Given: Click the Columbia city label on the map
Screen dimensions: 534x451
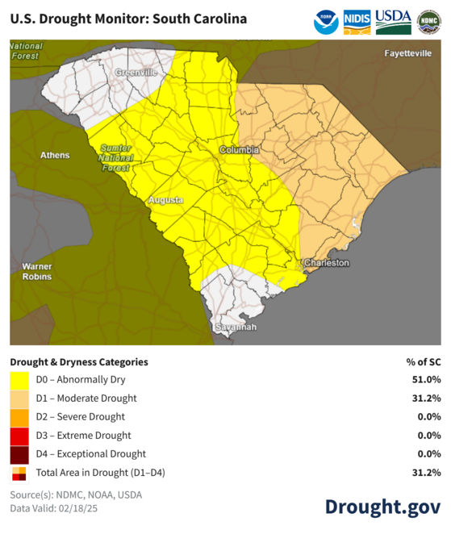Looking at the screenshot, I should coord(240,150).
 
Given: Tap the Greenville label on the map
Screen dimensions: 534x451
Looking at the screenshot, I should coord(136,73).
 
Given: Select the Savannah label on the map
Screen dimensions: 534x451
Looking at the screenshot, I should coord(236,327).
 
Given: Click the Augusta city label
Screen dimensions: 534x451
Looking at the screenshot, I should coord(166,199).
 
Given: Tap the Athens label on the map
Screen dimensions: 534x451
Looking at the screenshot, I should coord(55,155).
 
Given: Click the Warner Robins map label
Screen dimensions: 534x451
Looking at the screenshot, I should coord(37,271).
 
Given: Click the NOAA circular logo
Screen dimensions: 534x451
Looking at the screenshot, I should coord(326,22).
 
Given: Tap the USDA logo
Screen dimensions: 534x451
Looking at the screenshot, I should coord(393,21).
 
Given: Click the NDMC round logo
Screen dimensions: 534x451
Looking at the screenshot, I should coord(428,22).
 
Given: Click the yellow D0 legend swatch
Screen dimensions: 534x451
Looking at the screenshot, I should coord(19,380).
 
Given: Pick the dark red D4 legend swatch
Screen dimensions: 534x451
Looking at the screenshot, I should coord(19,454).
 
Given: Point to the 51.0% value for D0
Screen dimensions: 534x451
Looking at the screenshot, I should coord(426,380).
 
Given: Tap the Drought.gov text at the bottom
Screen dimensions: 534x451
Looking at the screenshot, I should coord(382,507).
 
